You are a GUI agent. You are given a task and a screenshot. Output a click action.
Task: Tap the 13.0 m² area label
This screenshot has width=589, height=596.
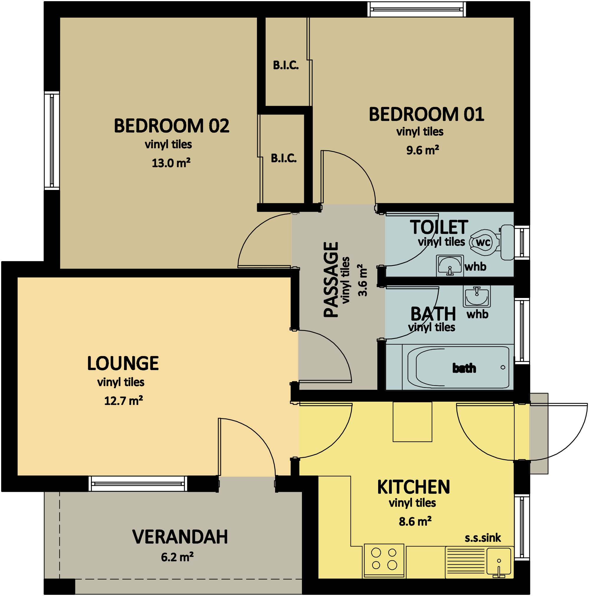[171, 162]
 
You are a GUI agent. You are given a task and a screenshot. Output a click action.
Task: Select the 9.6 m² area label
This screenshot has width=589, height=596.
[422, 150]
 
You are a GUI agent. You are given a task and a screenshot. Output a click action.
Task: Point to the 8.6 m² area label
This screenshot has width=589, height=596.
[415, 521]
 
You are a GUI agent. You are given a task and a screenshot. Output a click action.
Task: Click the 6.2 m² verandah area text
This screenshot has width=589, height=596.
[177, 557]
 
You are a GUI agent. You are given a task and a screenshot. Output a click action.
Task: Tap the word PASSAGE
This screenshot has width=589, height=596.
[331, 279]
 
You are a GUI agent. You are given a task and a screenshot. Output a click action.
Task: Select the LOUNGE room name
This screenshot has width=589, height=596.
[123, 363]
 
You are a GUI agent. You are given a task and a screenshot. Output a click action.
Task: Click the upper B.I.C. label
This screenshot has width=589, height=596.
[286, 65]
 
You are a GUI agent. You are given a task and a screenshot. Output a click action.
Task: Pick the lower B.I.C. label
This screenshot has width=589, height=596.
[284, 158]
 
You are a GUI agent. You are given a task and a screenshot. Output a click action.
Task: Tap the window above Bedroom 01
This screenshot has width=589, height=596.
[416, 9]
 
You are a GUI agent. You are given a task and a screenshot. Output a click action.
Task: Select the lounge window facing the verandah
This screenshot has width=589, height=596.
[138, 484]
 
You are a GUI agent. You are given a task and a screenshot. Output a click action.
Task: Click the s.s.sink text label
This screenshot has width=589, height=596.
[483, 538]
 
